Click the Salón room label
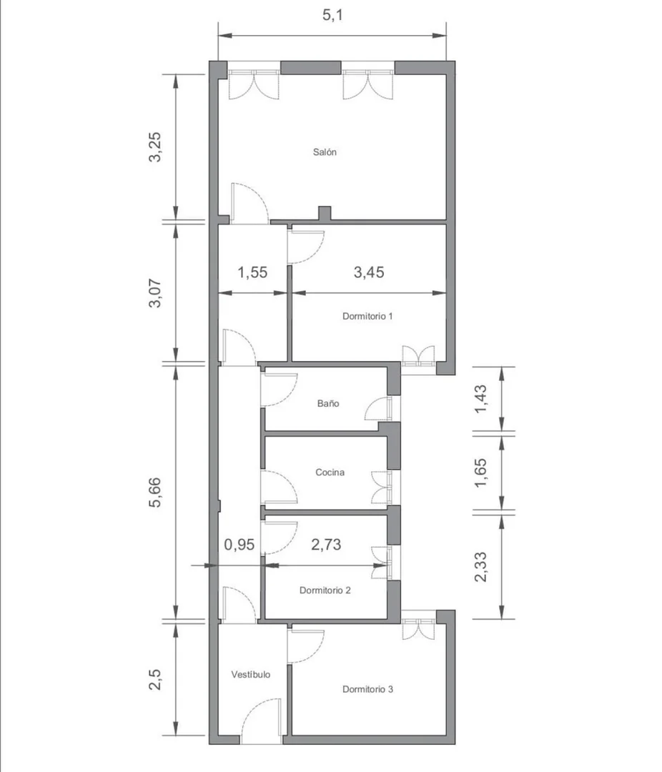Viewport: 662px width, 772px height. pyautogui.click(x=325, y=152)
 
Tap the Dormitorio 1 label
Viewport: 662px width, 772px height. pyautogui.click(x=367, y=316)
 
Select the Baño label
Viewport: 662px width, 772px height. pyautogui.click(x=328, y=403)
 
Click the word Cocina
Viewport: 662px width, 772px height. pyautogui.click(x=330, y=472)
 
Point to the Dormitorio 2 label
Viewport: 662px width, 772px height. pyautogui.click(x=325, y=590)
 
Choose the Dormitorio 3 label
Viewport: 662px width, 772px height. pyautogui.click(x=367, y=689)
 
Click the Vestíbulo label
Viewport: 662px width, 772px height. pyautogui.click(x=251, y=675)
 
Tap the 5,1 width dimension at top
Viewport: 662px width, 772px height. pyautogui.click(x=332, y=15)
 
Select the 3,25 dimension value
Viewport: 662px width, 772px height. pyautogui.click(x=154, y=147)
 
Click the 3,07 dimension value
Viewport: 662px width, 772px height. pyautogui.click(x=154, y=294)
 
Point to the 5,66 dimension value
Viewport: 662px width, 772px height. pyautogui.click(x=154, y=493)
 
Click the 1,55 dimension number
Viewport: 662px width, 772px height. pyautogui.click(x=252, y=272)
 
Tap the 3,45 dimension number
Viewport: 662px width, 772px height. pyautogui.click(x=369, y=272)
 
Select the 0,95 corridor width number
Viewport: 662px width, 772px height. pyautogui.click(x=239, y=545)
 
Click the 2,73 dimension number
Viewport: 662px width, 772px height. pyautogui.click(x=326, y=545)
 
